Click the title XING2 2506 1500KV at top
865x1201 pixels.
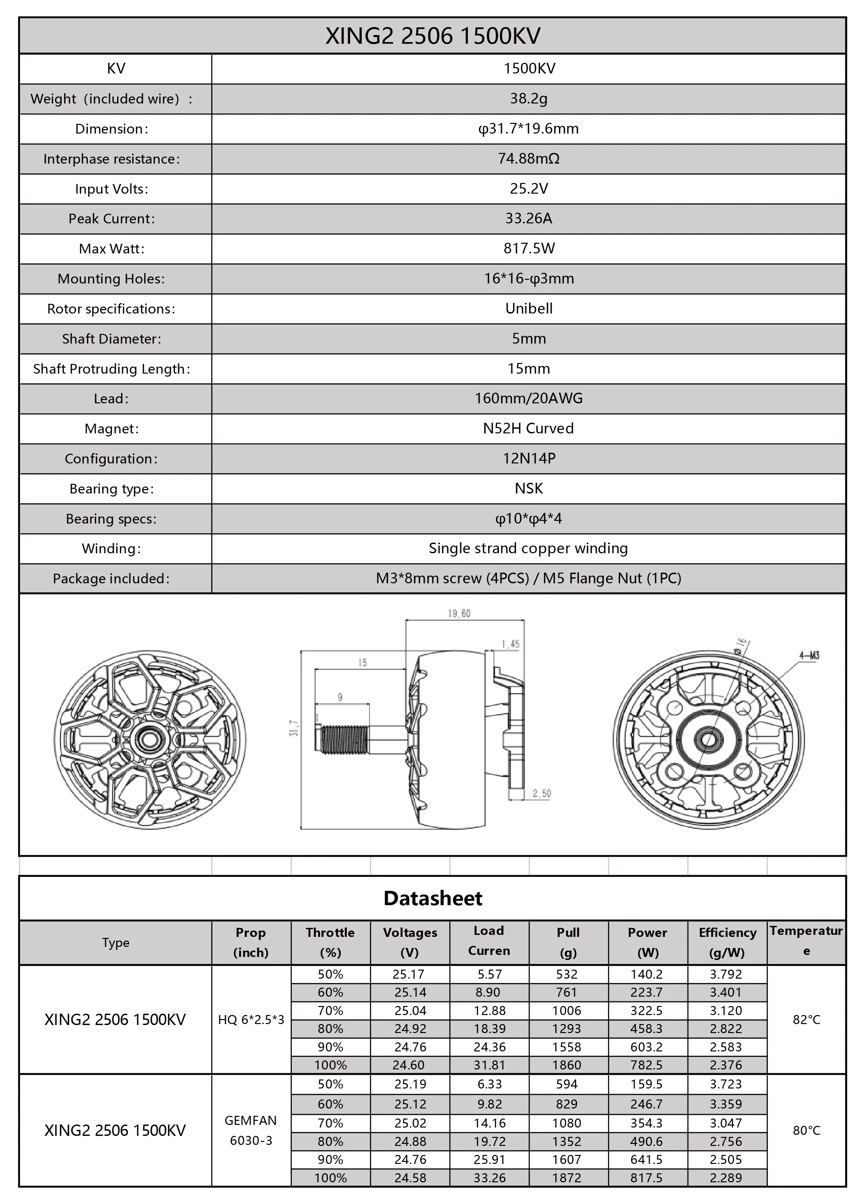pos(432,36)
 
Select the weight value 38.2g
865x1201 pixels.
pos(528,98)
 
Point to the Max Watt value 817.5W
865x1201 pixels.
pos(528,248)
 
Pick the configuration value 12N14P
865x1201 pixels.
pos(528,458)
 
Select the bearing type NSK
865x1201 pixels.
pos(528,488)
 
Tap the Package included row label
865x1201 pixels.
pos(111,578)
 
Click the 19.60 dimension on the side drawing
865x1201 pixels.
pos(459,613)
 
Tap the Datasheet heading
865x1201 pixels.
pos(432,898)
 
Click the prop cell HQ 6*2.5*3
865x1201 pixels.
pos(251,1019)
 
